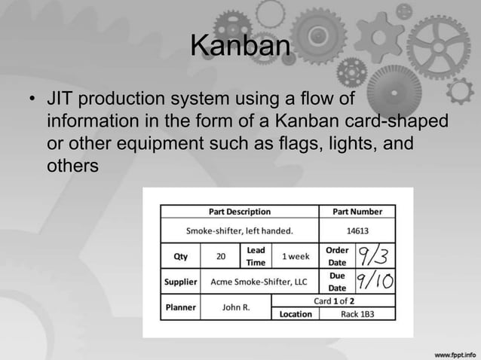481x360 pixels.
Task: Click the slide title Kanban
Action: tap(240, 47)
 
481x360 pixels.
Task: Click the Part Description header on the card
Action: tap(240, 212)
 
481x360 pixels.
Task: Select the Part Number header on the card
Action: tap(357, 212)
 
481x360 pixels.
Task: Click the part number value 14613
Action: tap(357, 231)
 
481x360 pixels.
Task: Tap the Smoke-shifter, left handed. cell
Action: tap(240, 231)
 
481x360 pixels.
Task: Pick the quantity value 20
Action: tap(220, 256)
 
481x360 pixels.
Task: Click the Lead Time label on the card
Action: tap(256, 256)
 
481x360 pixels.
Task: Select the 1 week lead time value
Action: tap(295, 256)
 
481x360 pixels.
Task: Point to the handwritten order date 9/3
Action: tap(372, 256)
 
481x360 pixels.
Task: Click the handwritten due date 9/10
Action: tap(373, 282)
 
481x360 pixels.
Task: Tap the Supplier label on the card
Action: tap(181, 282)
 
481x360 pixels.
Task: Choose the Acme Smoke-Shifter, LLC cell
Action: tap(259, 282)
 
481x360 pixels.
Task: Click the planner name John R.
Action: tap(236, 307)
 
